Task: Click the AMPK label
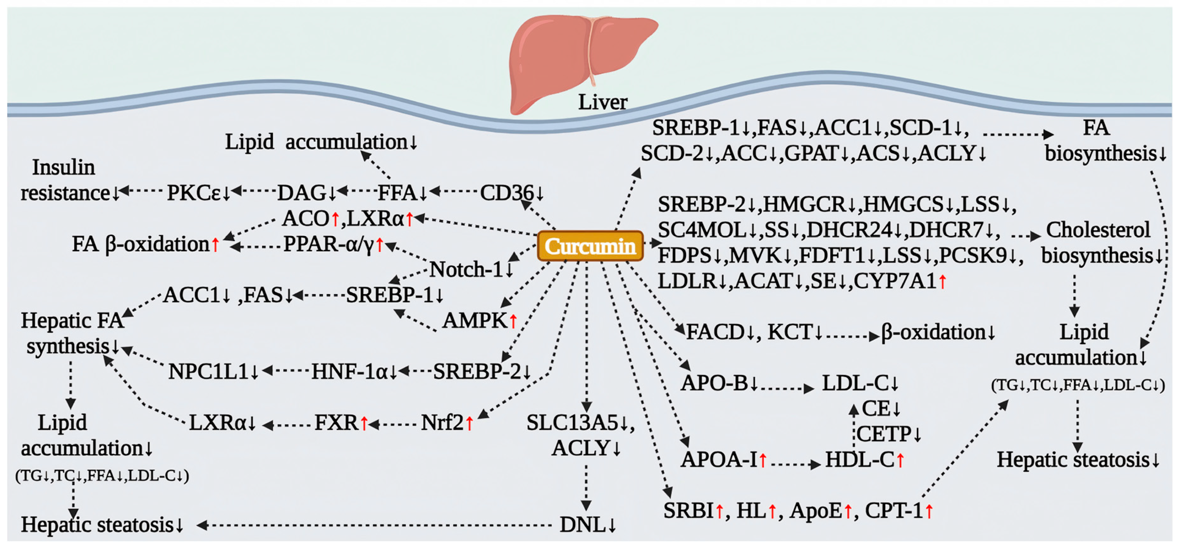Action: [475, 320]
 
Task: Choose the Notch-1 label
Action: [467, 269]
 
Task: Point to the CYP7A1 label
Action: [895, 281]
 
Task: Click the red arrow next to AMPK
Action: [513, 321]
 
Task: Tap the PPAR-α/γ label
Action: [329, 244]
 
